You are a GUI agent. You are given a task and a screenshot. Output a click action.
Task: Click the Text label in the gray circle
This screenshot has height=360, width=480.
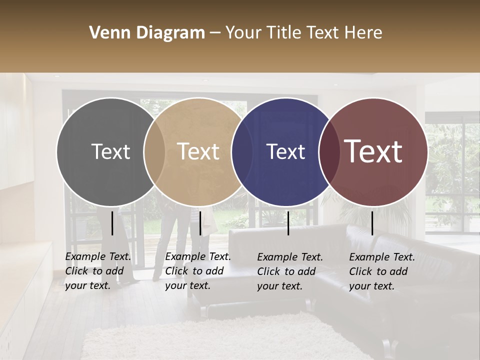110,151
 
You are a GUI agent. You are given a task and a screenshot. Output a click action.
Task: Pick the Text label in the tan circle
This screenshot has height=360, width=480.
198,151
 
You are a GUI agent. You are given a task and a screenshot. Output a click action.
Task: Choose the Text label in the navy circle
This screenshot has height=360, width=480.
285,151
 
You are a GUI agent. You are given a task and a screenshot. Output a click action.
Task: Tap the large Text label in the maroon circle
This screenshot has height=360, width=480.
373,151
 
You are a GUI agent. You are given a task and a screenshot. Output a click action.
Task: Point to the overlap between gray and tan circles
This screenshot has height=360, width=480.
154,151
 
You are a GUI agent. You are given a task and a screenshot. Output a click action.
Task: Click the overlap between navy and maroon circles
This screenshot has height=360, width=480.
329,151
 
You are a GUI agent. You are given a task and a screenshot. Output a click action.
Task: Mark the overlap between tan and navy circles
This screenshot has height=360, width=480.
242,151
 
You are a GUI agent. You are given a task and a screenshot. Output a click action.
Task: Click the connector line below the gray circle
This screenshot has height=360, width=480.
112,223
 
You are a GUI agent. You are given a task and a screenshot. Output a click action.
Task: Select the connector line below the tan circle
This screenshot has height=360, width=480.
200,223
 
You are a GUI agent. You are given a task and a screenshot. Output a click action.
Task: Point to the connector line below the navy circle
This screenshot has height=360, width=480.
288,223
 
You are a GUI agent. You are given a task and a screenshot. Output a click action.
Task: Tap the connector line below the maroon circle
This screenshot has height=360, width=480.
372,223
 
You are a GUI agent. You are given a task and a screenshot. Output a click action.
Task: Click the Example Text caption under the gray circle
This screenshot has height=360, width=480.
97,271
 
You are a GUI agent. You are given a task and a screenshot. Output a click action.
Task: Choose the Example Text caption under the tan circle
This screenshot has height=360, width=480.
197,271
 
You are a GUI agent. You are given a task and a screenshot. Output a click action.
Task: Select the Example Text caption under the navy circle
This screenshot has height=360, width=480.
289,271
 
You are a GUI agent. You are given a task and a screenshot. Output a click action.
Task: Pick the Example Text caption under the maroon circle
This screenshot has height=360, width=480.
381,271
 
